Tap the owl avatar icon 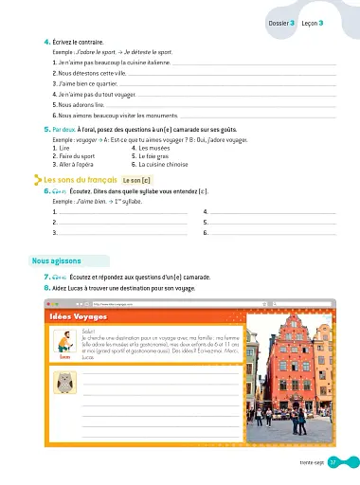pyautogui.click(x=64, y=381)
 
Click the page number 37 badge pyautogui.click(x=347, y=462)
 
